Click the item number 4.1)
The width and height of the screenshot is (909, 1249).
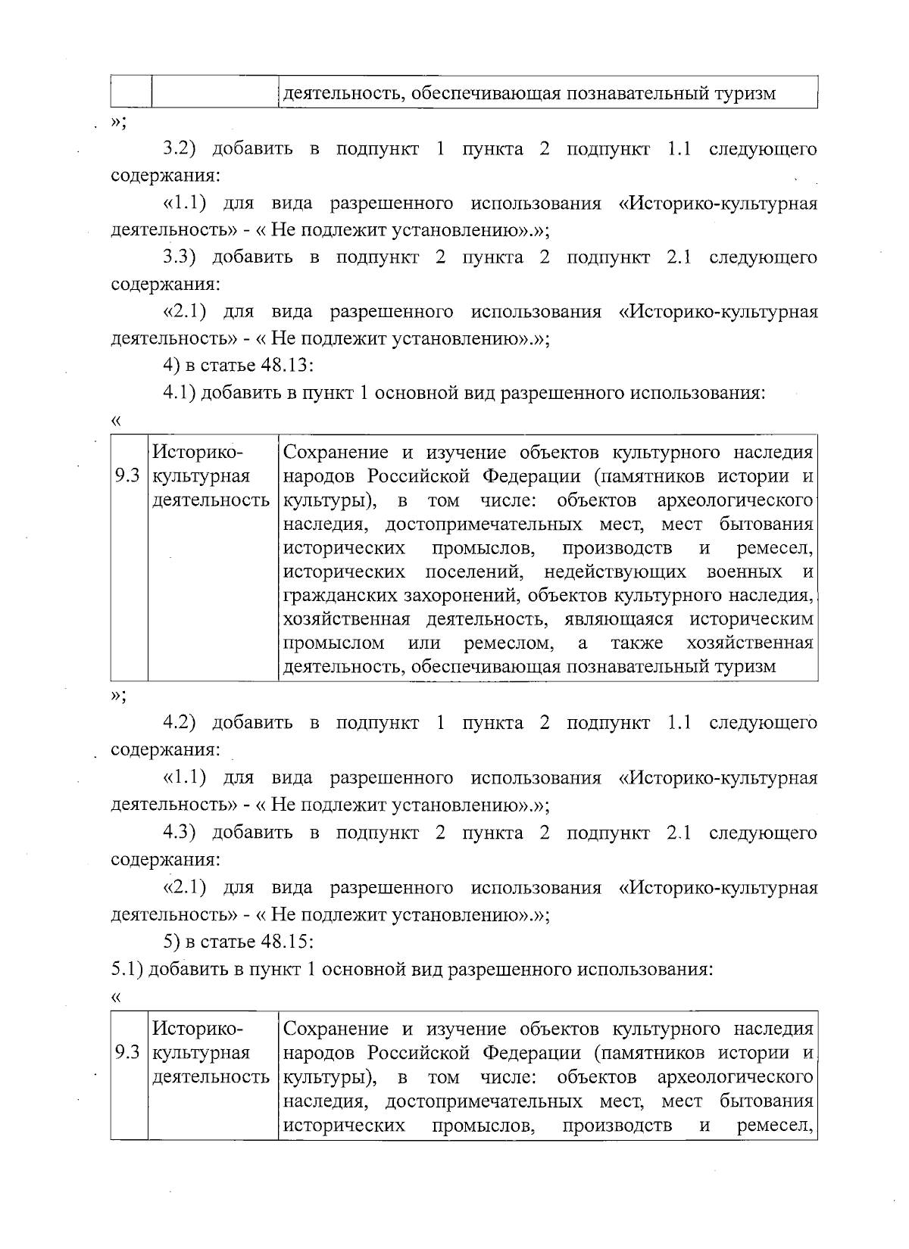180,394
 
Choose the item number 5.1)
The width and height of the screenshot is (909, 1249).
127,970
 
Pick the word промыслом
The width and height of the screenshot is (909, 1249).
333,643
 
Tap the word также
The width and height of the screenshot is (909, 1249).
636,643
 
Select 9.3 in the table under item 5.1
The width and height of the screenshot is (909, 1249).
127,1053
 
